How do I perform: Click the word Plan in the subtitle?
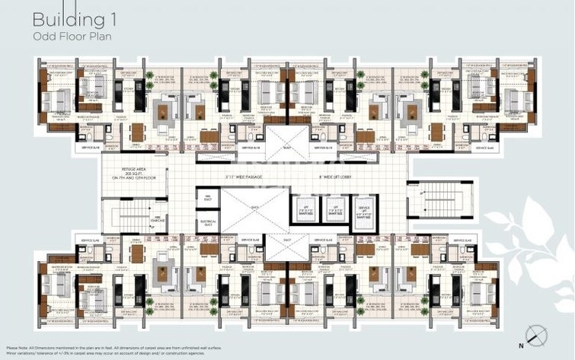pyautogui.click(x=94, y=36)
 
